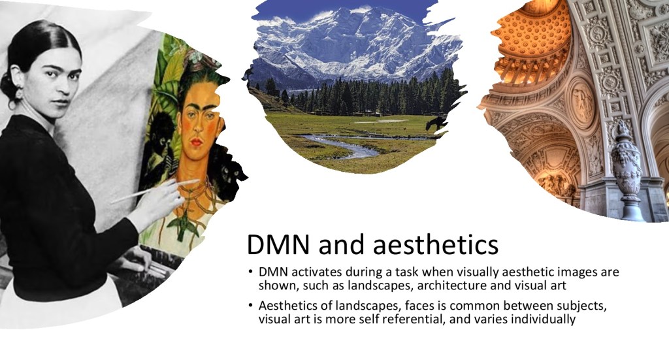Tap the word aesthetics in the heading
click(435, 244)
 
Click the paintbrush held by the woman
click(155, 191)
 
